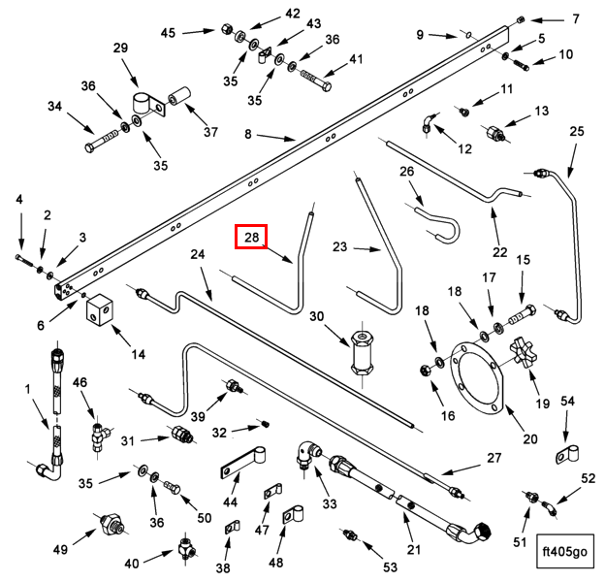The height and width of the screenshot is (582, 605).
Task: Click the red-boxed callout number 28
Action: tap(251, 237)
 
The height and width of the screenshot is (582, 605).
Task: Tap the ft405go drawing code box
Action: tap(565, 551)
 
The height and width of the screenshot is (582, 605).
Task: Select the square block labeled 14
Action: tap(100, 307)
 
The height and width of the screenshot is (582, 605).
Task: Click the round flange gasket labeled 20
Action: tap(478, 378)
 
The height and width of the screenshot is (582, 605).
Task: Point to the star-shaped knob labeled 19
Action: tap(524, 351)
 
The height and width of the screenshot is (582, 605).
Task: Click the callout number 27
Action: tap(494, 458)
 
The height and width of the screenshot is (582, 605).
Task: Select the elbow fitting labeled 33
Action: tap(307, 454)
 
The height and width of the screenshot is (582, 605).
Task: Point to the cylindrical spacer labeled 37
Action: tap(179, 96)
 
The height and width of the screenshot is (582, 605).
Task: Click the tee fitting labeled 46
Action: tap(100, 436)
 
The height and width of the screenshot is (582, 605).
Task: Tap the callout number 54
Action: tap(567, 402)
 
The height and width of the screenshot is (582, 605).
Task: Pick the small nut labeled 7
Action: tap(521, 18)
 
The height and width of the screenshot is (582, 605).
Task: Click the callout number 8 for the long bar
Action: tap(247, 134)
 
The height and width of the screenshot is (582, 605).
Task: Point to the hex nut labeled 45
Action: tap(227, 28)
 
